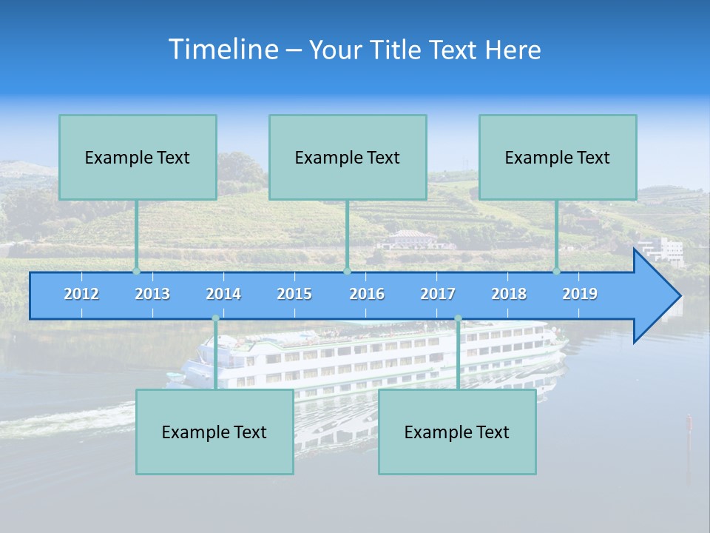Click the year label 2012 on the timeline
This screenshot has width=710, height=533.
click(81, 294)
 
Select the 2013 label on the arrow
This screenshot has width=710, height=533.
click(152, 294)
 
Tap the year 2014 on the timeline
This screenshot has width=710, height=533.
click(223, 294)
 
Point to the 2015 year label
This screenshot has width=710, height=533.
click(294, 294)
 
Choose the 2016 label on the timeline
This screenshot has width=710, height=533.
click(367, 294)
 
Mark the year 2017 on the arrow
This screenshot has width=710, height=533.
click(438, 294)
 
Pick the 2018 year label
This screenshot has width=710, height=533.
click(509, 294)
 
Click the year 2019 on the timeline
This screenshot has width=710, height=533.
click(580, 294)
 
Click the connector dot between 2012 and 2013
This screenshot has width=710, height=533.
click(136, 271)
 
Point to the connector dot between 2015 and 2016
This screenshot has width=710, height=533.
click(347, 271)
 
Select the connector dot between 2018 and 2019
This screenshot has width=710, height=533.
click(556, 271)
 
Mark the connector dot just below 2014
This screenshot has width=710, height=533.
click(215, 318)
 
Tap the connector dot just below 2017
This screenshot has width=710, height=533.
click(458, 318)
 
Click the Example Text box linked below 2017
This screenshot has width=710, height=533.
click(457, 432)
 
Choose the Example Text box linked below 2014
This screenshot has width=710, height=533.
click(214, 432)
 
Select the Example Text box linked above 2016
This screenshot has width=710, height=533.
click(348, 157)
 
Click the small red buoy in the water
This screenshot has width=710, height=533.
click(689, 423)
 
